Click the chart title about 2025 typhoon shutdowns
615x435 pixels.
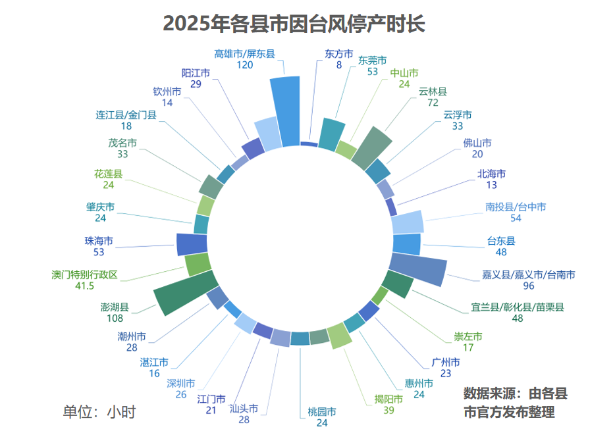click(294, 24)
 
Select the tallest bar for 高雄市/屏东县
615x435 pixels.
click(286, 112)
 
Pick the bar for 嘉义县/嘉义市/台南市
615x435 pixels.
click(418, 268)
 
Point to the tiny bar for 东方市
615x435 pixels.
click(309, 143)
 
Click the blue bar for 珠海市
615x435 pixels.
click(192, 244)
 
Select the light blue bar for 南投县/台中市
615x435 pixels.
click(408, 222)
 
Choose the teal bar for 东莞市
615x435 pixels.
click(331, 134)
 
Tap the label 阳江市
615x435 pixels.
click(196, 73)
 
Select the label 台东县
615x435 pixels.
click(501, 240)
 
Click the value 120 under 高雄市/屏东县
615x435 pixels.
click(245, 65)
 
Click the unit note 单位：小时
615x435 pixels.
click(99, 413)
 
